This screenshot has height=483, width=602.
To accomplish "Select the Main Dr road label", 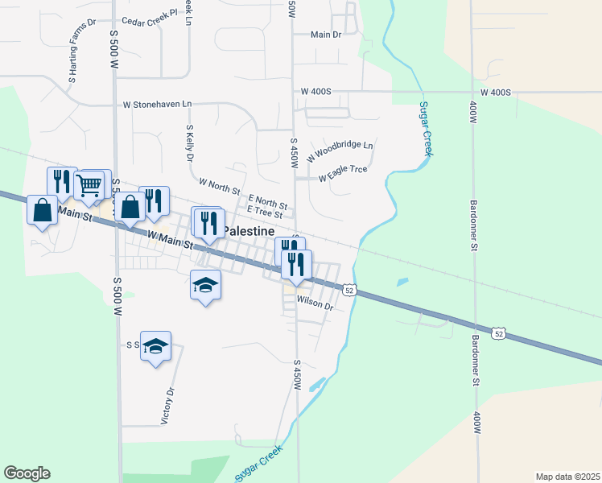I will tap(326, 35).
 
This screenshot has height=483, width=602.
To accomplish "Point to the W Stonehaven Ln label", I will tap(158, 105).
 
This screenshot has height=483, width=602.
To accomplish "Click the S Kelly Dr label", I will tap(190, 142).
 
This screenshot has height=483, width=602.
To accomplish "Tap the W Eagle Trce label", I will tap(343, 173).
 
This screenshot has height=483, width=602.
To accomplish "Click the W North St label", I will tap(219, 187).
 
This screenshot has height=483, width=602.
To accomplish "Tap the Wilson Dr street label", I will tap(315, 303).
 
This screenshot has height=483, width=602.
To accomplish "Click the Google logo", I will tap(27, 473).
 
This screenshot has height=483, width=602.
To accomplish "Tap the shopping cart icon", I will tap(89, 185).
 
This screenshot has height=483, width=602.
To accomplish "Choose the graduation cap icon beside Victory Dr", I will tap(155, 346).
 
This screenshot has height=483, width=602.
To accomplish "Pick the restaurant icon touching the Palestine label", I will tap(209, 223).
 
